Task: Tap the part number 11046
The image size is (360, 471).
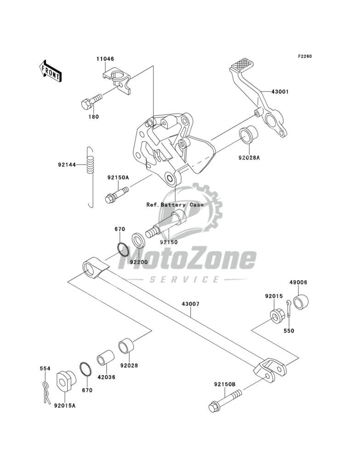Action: click(x=105, y=59)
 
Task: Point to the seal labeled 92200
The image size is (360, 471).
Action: click(x=137, y=240)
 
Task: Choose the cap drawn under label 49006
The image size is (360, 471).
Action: click(x=301, y=303)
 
